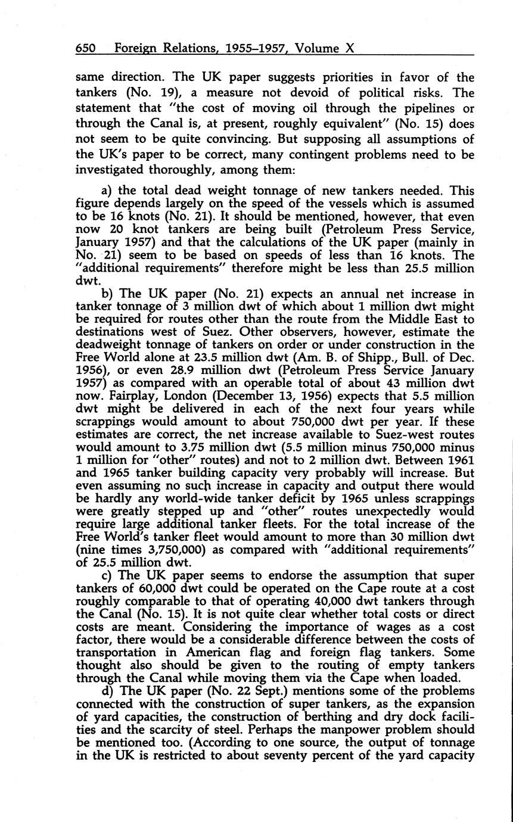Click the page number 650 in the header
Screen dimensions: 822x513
86,48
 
